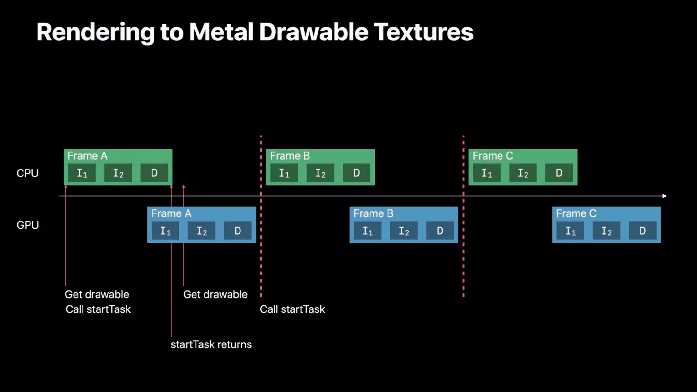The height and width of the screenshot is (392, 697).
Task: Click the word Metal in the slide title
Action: pos(221,32)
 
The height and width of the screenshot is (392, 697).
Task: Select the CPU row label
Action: pos(28,173)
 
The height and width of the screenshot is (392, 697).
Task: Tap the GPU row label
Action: pos(28,225)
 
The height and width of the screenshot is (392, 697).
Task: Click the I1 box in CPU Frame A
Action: pos(82,173)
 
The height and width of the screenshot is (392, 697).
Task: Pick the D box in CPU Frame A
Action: pos(154,173)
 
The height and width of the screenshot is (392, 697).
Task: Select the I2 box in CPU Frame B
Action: pos(320,173)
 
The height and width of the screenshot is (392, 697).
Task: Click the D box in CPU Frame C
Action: pos(559,173)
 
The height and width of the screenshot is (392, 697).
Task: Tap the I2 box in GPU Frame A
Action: pos(201,231)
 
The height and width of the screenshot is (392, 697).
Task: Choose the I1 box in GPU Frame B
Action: pos(368,231)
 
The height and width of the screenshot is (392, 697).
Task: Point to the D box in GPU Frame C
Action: pos(642,231)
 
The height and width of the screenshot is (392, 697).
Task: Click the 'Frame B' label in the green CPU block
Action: pos(290,156)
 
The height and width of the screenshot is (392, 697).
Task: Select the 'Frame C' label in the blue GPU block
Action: pos(576,213)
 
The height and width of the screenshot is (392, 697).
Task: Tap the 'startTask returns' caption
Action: pos(211,344)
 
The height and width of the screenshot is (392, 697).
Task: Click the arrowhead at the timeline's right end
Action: pos(664,196)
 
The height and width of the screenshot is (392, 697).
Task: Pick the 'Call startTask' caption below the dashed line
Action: pos(292,309)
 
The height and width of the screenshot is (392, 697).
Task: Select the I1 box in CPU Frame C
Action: pos(487,173)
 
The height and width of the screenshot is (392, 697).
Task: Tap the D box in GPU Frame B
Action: pos(440,231)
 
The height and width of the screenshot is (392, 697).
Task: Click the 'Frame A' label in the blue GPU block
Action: pos(171,213)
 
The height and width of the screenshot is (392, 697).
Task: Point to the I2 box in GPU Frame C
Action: pos(606,231)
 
